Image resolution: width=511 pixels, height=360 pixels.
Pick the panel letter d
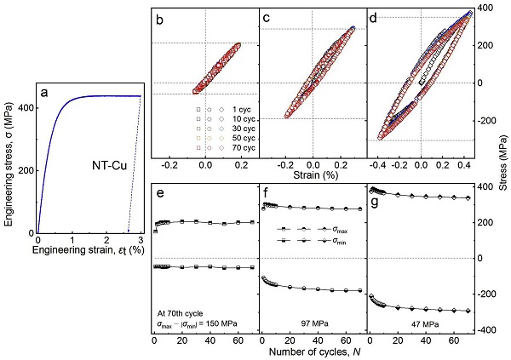[376, 16]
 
